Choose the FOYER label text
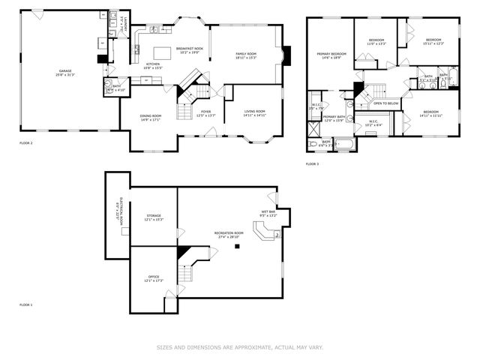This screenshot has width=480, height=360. (205, 113)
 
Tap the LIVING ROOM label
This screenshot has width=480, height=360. (255, 113)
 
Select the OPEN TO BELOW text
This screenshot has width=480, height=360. (382, 103)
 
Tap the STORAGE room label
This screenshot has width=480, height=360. (154, 217)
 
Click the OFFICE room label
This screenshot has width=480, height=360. (154, 278)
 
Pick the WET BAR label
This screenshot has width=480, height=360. (268, 214)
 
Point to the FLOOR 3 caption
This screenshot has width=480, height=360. (313, 163)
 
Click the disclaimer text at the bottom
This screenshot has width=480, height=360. (239, 347)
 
